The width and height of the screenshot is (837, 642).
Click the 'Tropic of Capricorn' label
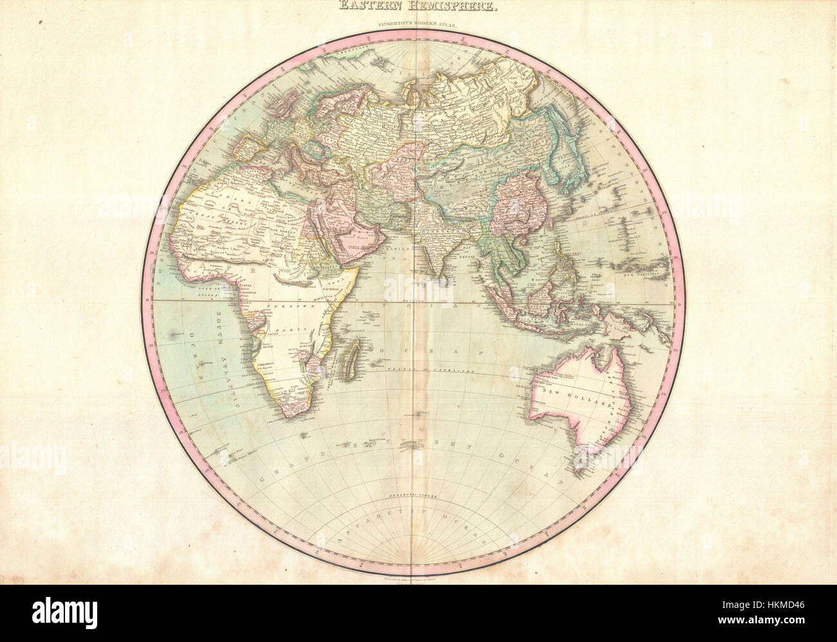pos(426,371)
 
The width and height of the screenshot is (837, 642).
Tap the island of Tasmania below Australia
pos(583,457)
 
